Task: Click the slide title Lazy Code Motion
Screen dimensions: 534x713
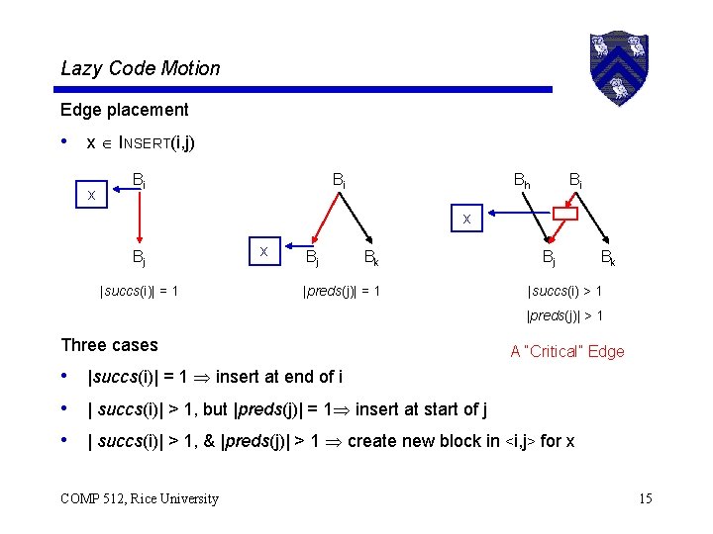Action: (x=141, y=68)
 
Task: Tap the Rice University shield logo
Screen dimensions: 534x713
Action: (x=618, y=66)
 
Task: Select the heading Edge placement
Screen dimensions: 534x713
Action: (x=124, y=110)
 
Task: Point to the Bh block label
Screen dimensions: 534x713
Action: (x=521, y=181)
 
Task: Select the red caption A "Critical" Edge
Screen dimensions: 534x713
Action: (x=566, y=351)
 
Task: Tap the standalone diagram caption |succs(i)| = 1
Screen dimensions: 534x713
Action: (x=139, y=291)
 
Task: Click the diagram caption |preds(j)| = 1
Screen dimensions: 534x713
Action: (x=341, y=291)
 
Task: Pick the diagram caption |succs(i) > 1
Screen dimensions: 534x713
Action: (x=565, y=291)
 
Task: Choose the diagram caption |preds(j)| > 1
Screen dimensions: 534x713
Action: (x=565, y=316)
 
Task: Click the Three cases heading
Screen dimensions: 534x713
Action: (x=109, y=345)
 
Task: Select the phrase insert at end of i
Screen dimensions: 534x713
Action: (x=279, y=377)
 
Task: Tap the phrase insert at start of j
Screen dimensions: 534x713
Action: (x=420, y=409)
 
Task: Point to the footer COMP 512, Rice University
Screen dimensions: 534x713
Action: (x=140, y=498)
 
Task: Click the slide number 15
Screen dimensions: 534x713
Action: (x=645, y=498)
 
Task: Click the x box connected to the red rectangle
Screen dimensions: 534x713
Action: (x=465, y=220)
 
